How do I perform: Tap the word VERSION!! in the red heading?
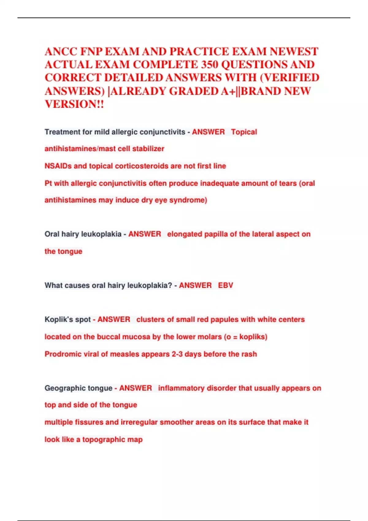click(x=75, y=104)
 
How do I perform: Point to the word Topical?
click(x=244, y=132)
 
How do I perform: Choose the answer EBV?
click(x=225, y=285)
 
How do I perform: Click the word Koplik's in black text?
click(x=59, y=319)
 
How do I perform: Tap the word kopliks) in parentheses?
click(x=253, y=337)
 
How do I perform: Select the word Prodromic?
click(x=62, y=354)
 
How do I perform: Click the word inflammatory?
click(x=181, y=388)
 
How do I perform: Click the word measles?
click(x=123, y=354)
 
